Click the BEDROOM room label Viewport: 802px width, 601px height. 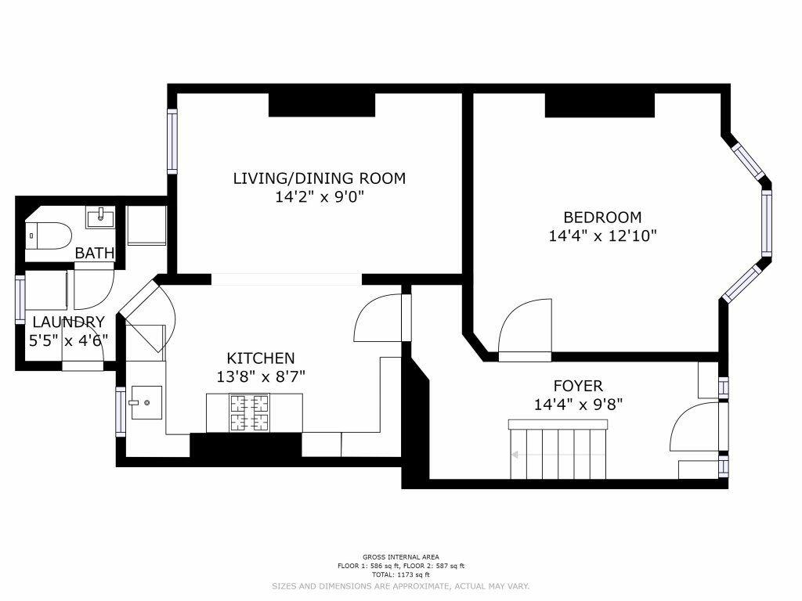[602, 218]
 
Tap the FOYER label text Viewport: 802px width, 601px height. [578, 385]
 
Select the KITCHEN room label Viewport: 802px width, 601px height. [260, 358]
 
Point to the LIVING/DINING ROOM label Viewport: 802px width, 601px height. [320, 178]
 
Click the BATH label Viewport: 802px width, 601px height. [95, 253]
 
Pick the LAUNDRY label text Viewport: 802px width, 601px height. [69, 322]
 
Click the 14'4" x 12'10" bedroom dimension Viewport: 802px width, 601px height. [602, 236]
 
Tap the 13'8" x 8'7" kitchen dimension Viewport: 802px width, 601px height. [260, 376]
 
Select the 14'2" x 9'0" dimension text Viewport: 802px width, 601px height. [320, 196]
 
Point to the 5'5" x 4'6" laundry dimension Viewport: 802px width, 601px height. [69, 340]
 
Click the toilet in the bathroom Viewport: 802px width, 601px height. [48, 236]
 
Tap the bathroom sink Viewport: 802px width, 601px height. [100, 218]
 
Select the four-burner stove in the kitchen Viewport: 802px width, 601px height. [250, 413]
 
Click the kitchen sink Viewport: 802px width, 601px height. [146, 403]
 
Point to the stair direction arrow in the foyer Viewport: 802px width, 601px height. [558, 455]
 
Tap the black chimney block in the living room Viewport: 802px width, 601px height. [322, 105]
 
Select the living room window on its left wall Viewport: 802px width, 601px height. [172, 141]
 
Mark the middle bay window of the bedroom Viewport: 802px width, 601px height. [766, 223]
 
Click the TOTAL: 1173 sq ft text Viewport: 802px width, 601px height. [400, 575]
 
